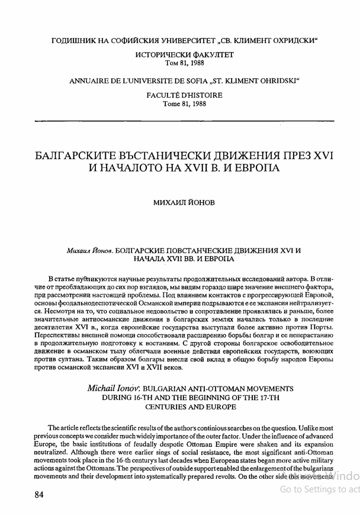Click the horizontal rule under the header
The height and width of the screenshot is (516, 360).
point(184,121)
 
